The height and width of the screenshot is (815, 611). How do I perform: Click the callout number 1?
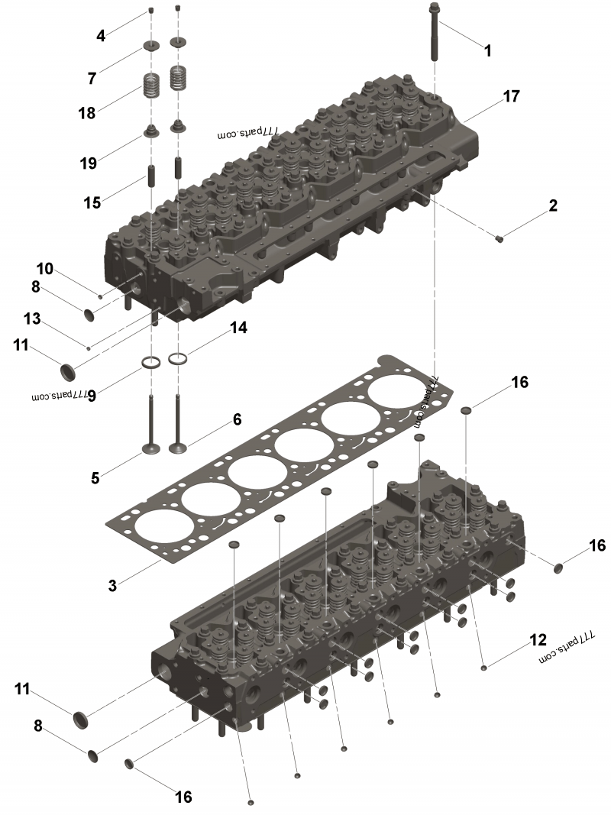click(487, 50)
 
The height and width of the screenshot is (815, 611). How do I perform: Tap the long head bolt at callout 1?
click(435, 31)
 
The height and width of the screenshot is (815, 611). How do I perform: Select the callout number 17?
click(511, 96)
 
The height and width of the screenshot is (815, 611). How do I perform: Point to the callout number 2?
click(553, 205)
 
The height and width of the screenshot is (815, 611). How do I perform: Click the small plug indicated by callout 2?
click(499, 238)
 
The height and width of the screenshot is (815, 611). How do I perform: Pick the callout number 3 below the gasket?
click(112, 585)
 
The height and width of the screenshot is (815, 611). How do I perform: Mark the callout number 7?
click(92, 78)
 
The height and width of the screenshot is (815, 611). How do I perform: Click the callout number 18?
click(87, 113)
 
